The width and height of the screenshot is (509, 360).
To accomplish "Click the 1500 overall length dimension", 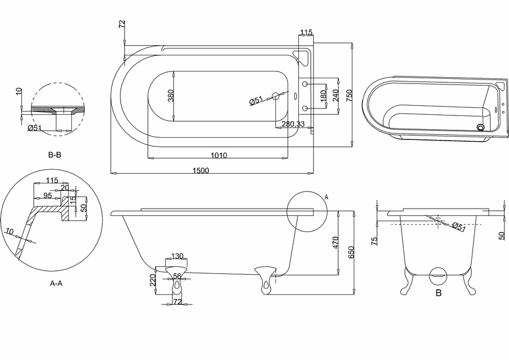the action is (x=201, y=170).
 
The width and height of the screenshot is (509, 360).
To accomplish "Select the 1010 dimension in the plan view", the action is (x=219, y=155).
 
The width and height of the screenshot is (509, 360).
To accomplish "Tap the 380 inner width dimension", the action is (x=171, y=95).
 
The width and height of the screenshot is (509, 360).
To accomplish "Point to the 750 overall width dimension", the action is (x=349, y=95).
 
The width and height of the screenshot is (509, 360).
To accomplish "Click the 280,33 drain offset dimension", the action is (x=293, y=123).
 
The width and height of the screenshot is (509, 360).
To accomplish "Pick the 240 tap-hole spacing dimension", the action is (x=336, y=95).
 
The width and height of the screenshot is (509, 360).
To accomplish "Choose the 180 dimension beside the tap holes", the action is (x=323, y=96).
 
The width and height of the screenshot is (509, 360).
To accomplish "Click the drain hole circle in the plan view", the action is (x=275, y=96).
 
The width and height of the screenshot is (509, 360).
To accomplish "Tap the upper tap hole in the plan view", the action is (x=305, y=84).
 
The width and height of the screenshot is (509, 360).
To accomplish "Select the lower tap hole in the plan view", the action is (x=305, y=108).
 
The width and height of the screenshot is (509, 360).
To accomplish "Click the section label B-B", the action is (x=54, y=155).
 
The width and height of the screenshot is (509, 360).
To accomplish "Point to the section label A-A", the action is (x=56, y=283).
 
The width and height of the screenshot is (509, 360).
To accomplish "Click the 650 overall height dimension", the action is (x=351, y=252).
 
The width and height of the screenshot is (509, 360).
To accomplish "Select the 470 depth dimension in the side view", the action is (x=336, y=242).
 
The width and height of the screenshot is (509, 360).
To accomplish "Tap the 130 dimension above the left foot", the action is (x=177, y=257).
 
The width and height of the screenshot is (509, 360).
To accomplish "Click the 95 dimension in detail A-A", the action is (x=48, y=196).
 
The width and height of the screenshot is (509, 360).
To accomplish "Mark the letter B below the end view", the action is (x=439, y=293).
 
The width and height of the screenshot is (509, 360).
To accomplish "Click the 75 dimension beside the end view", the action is (x=374, y=241).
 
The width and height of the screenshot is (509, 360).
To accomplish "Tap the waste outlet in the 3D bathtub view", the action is (x=480, y=127).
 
